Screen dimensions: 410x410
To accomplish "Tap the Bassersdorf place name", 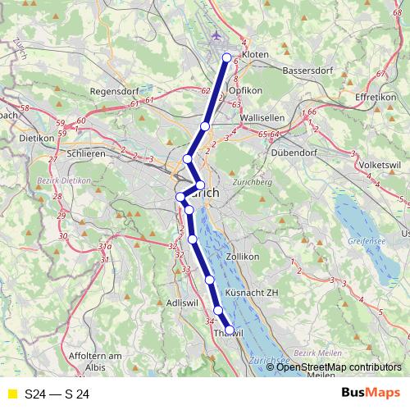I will tap(305, 71).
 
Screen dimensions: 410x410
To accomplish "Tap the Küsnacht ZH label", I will tap(252, 293).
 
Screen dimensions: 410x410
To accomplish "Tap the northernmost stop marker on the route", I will tap(227, 57).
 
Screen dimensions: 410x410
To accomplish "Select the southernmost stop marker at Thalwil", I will tap(230, 330).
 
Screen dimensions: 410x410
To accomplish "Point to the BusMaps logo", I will tap(371, 394).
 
